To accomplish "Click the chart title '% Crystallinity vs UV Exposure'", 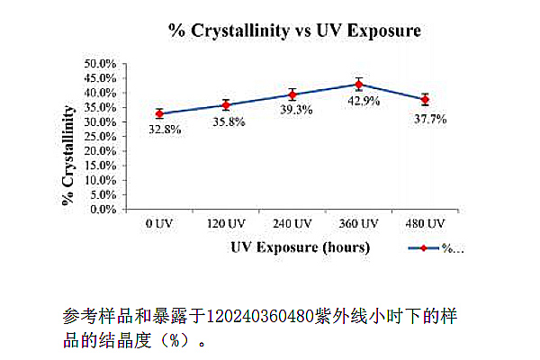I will pyautogui.click(x=295, y=31).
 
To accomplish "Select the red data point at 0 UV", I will pyautogui.click(x=159, y=113).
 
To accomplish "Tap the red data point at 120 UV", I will pyautogui.click(x=226, y=104).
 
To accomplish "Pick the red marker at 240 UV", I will pyautogui.click(x=292, y=94).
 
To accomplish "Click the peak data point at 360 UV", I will pyautogui.click(x=359, y=85).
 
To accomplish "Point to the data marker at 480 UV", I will pyautogui.click(x=425, y=99).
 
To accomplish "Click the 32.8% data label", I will pyautogui.click(x=166, y=130).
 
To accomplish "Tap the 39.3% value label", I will pyautogui.click(x=293, y=111).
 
